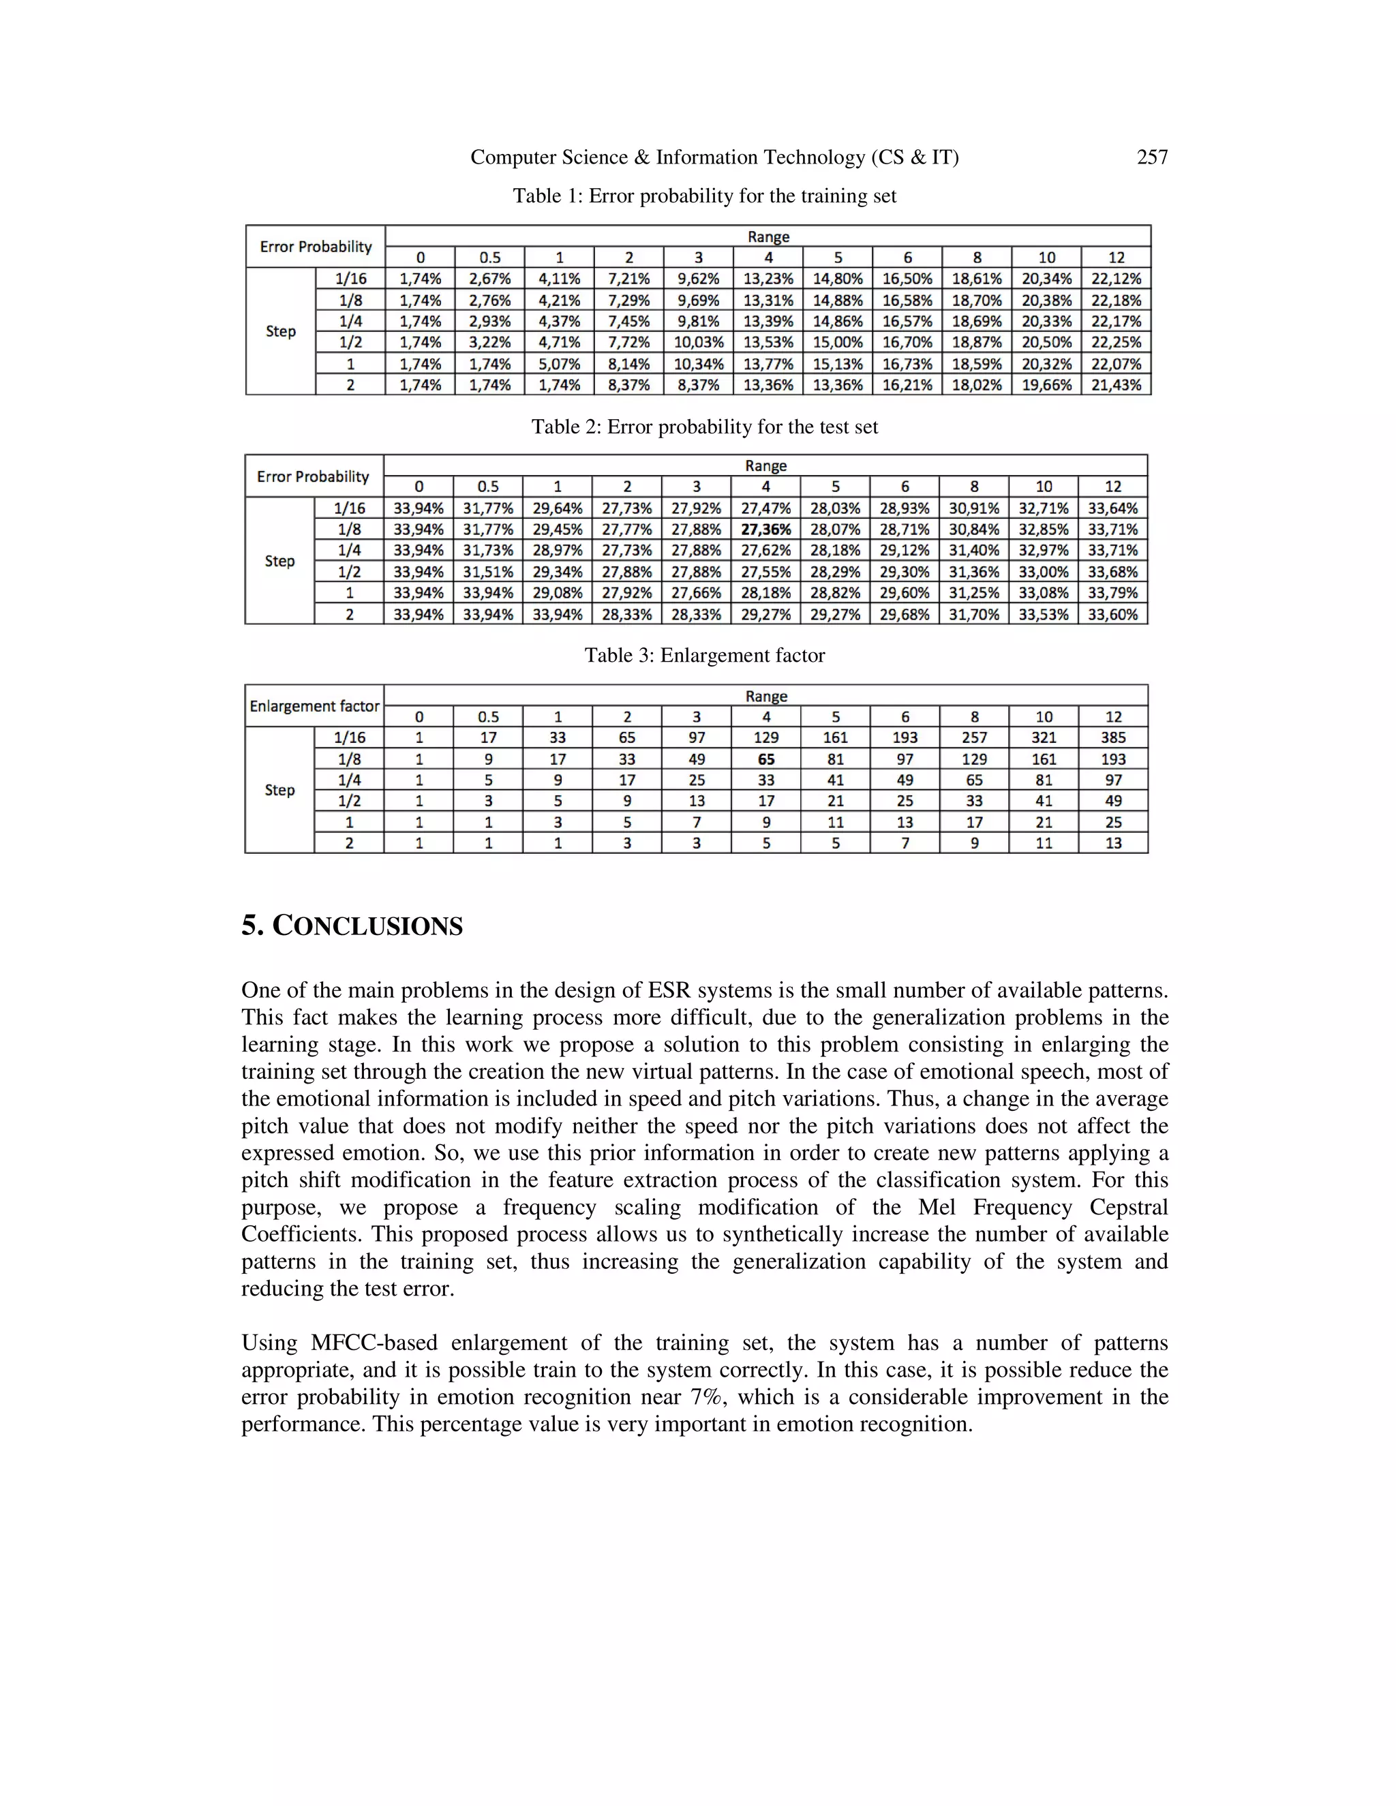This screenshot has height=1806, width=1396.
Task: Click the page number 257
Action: pyautogui.click(x=1152, y=157)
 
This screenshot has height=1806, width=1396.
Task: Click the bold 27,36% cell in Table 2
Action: pyautogui.click(x=765, y=530)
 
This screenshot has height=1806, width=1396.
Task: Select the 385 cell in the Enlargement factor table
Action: pyautogui.click(x=1113, y=737)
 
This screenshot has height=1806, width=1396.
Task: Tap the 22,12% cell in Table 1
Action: pyautogui.click(x=1116, y=279)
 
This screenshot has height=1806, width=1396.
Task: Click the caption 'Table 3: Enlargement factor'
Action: pyautogui.click(x=705, y=656)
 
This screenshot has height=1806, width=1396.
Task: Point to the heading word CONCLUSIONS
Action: pyautogui.click(x=367, y=926)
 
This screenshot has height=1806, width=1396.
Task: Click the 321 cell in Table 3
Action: pyautogui.click(x=1044, y=737)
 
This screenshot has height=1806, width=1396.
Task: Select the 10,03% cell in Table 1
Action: pyautogui.click(x=698, y=342)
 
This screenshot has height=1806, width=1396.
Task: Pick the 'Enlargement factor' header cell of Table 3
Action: pyautogui.click(x=314, y=706)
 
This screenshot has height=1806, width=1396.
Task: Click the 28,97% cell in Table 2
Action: pyautogui.click(x=558, y=551)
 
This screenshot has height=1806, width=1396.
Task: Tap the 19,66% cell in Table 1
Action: pyautogui.click(x=1046, y=385)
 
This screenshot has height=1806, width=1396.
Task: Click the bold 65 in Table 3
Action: pyautogui.click(x=765, y=759)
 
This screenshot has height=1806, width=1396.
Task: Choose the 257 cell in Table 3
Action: pyautogui.click(x=974, y=737)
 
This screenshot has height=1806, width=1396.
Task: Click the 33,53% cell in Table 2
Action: pyautogui.click(x=1044, y=615)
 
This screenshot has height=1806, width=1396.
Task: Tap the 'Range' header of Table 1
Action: pyautogui.click(x=768, y=236)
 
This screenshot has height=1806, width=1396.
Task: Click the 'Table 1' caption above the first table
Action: pyautogui.click(x=705, y=196)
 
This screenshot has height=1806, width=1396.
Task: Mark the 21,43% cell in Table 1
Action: pyautogui.click(x=1116, y=385)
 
